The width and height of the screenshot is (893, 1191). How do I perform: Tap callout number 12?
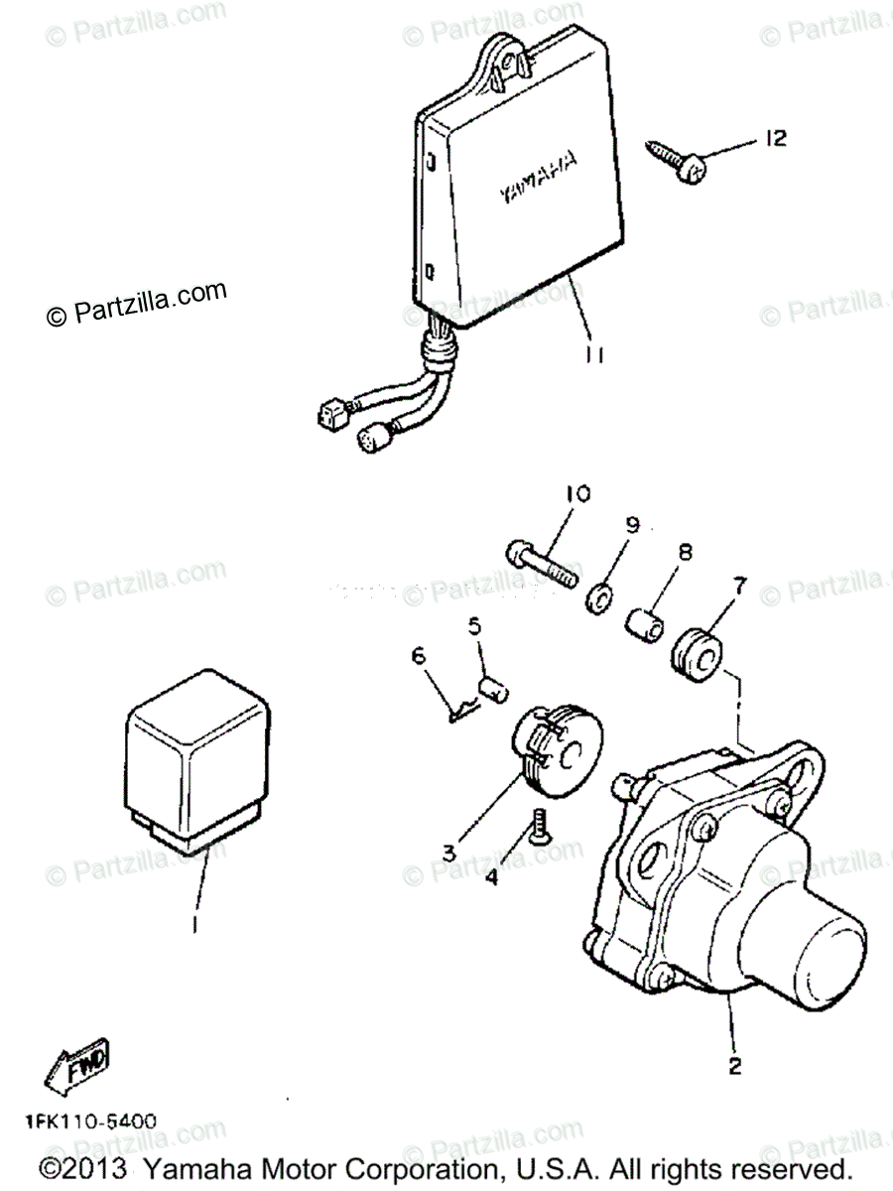point(775,138)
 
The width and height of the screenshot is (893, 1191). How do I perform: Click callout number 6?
point(418,655)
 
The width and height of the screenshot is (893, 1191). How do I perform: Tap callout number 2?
point(735,1066)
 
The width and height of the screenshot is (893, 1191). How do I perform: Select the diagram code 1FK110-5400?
point(91,1122)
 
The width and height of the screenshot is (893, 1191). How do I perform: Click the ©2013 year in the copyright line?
point(83,1167)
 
